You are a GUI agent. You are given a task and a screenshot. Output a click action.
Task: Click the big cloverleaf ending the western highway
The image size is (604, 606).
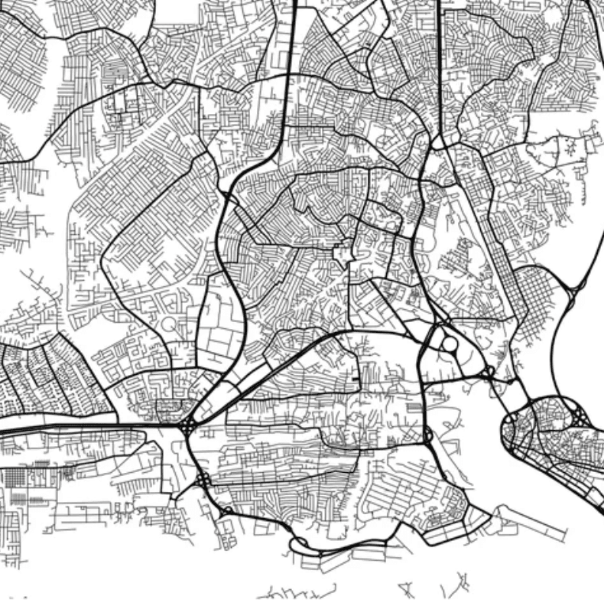(187, 425)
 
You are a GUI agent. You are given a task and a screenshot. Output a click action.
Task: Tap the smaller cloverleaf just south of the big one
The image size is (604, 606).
(203, 481)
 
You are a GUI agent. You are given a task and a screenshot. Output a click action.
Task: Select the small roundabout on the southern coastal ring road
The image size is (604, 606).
(227, 510)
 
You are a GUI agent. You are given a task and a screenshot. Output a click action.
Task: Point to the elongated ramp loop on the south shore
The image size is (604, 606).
(300, 544)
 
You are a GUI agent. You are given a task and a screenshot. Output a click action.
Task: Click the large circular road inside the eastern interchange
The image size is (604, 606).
(449, 344)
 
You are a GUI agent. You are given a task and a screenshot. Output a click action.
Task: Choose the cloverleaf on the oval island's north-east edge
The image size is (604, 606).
(580, 418)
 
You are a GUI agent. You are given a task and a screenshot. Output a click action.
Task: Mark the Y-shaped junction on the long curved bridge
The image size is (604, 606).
(572, 289)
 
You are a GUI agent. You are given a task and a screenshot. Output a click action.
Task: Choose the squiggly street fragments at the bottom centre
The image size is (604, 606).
(298, 591)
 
